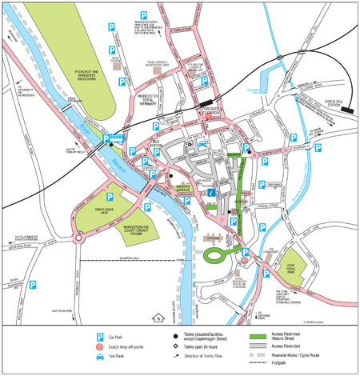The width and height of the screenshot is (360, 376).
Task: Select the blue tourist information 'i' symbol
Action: pyautogui.click(x=211, y=193)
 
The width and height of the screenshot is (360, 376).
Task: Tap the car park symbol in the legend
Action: pyautogui.click(x=100, y=338)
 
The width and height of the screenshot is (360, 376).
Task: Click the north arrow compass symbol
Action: pyautogui.click(x=160, y=317)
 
